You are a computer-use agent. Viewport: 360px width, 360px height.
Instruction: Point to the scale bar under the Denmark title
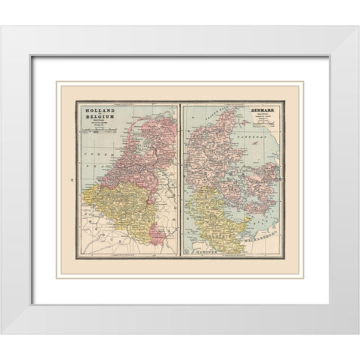[265, 127]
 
